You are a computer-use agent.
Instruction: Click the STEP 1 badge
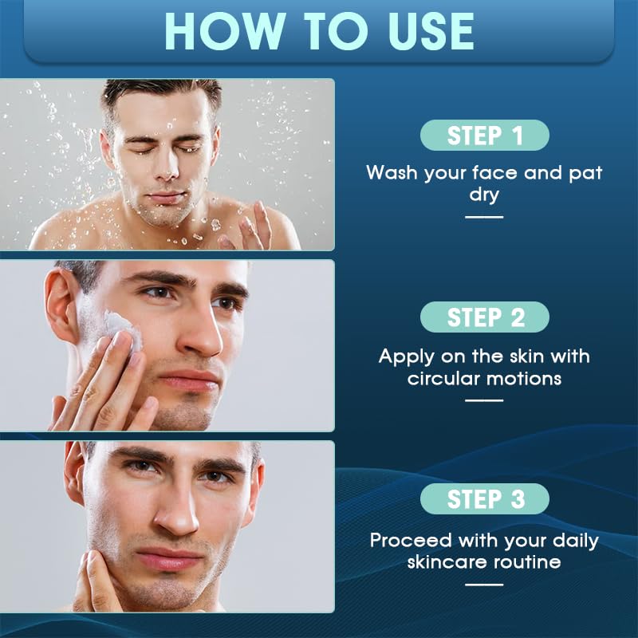point(485,135)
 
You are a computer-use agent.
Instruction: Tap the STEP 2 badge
point(485,317)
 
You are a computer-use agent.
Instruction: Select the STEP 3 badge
point(485,498)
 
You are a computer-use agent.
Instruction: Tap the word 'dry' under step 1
point(485,195)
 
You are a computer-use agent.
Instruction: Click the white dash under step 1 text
point(485,216)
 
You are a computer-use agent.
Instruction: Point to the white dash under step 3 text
point(485,585)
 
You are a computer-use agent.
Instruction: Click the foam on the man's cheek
point(121,328)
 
